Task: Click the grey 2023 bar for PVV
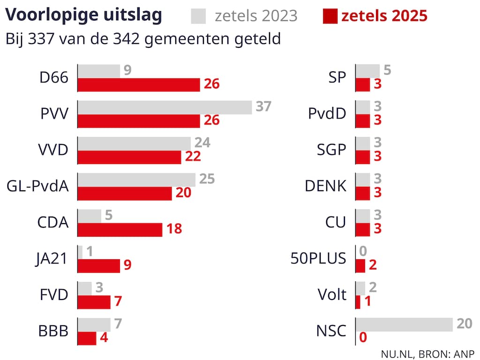(165, 107)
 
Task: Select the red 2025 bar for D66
(139, 85)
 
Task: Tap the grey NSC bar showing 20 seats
(404, 324)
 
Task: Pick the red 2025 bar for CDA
(120, 229)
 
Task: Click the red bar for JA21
(98, 265)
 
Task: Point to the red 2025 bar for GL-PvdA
(124, 193)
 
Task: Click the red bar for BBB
(87, 338)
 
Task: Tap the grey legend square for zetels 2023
(199, 15)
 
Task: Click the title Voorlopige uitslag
(84, 15)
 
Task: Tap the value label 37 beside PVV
(263, 106)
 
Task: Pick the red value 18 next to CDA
(174, 229)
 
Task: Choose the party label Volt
(332, 295)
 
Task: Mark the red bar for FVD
(94, 302)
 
